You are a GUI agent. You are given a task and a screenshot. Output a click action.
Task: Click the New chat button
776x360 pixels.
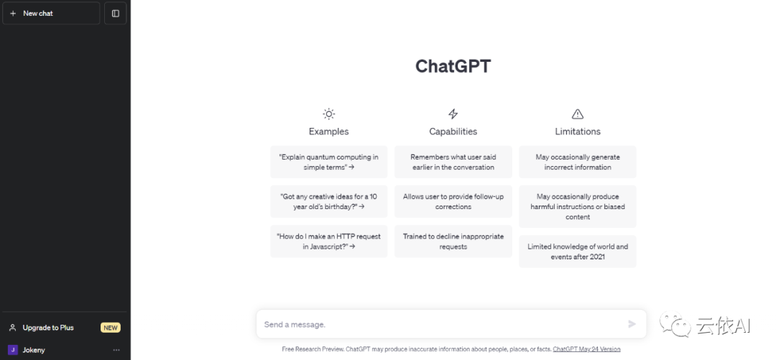tap(51, 14)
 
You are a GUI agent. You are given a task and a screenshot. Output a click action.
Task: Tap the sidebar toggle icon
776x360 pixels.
tap(115, 14)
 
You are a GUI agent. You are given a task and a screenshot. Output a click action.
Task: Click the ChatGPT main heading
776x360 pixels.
tap(453, 66)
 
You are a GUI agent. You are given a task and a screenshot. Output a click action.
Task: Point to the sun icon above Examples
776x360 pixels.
tap(328, 114)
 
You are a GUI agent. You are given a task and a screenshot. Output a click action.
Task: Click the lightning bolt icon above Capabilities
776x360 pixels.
tap(453, 114)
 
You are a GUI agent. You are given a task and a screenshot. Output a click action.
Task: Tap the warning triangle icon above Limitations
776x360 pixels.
tap(578, 114)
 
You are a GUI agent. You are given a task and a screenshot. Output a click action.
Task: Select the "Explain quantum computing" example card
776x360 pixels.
tap(328, 162)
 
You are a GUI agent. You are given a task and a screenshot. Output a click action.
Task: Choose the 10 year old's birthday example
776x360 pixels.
tap(328, 201)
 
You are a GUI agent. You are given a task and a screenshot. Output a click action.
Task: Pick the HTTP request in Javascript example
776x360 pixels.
tap(328, 241)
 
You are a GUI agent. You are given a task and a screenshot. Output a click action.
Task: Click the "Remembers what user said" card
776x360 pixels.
tap(453, 162)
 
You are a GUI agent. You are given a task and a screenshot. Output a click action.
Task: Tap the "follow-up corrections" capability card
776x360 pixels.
tap(453, 201)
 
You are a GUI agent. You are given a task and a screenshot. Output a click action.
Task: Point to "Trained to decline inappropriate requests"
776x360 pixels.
tap(453, 241)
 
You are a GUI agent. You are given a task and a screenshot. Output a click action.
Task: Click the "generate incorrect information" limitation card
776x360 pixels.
tap(578, 162)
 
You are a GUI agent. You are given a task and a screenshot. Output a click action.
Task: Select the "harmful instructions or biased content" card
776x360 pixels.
tap(578, 206)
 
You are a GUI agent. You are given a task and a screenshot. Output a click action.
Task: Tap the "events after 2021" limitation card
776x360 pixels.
tap(578, 251)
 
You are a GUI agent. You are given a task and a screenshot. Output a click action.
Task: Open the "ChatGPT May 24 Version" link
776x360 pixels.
tap(586, 349)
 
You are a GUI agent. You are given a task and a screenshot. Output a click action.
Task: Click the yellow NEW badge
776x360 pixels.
tap(111, 328)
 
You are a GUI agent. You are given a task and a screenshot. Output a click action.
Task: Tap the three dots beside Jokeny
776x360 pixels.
tap(116, 350)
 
